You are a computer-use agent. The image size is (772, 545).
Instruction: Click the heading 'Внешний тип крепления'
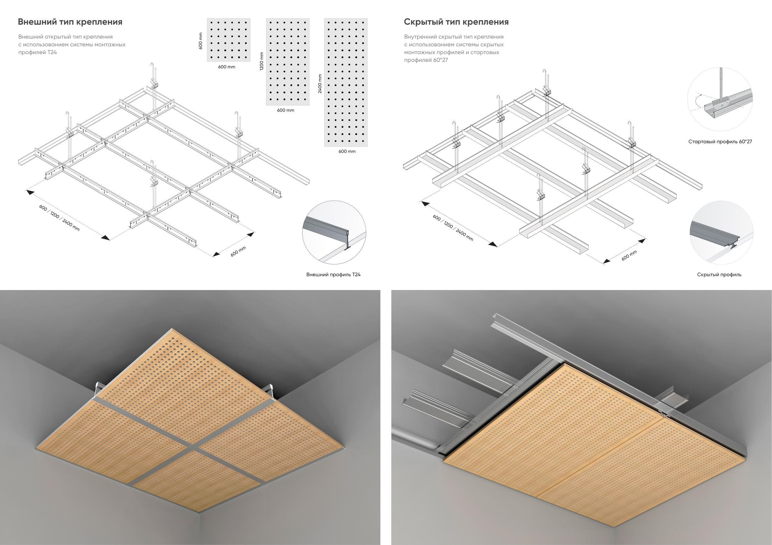point(70,22)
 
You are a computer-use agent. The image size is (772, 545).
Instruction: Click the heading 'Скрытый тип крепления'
point(456,22)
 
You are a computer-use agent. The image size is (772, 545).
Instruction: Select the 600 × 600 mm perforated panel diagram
point(228,40)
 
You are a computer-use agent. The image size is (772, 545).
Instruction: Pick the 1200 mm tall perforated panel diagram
point(288,62)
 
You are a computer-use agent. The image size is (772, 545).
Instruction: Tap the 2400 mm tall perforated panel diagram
point(346,82)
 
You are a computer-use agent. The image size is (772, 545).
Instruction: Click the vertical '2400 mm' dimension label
point(320,83)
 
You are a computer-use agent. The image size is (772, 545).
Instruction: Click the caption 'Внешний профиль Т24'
point(333,275)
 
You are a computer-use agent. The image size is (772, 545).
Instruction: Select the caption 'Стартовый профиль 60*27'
point(720,142)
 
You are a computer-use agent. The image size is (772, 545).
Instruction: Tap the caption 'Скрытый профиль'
point(719,275)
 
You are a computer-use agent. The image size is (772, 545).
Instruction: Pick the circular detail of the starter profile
point(719,100)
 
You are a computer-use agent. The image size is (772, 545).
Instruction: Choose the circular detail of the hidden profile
point(719,233)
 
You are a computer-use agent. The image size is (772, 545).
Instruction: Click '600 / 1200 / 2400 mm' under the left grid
point(60,217)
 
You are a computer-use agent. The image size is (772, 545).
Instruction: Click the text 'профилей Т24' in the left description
point(38,52)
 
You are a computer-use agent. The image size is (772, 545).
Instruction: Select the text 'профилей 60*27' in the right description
point(426,61)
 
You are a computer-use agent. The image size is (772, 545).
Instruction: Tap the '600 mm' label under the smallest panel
point(227,67)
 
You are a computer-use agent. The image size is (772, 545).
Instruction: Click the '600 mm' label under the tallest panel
point(347,151)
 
